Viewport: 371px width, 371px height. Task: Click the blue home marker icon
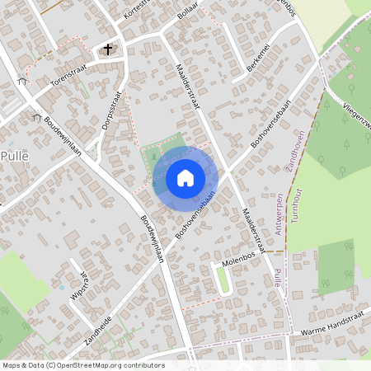pos(185,177)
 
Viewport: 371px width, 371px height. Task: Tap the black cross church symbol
pos(107,49)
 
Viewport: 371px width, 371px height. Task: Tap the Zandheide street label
pos(98,319)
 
